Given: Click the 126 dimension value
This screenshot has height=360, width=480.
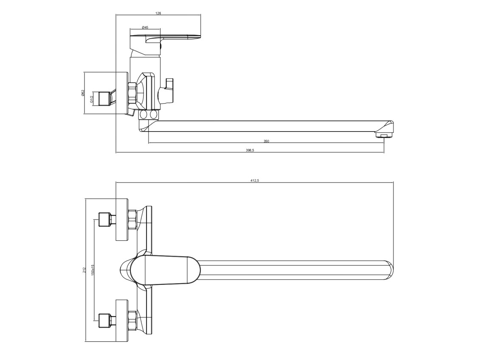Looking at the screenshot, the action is (158, 13).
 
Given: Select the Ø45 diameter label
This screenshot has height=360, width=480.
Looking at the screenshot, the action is (145, 28).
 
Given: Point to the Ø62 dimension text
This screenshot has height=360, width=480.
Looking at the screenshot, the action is (83, 93).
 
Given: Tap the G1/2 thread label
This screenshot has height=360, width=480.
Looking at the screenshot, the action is (91, 99).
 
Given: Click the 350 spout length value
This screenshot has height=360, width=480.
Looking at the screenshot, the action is (266, 141).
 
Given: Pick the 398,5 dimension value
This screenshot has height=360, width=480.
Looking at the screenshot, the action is (250, 150).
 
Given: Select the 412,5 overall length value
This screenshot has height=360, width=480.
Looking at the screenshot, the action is (255, 180).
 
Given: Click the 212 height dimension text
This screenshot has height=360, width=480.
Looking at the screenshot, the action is (84, 270).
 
